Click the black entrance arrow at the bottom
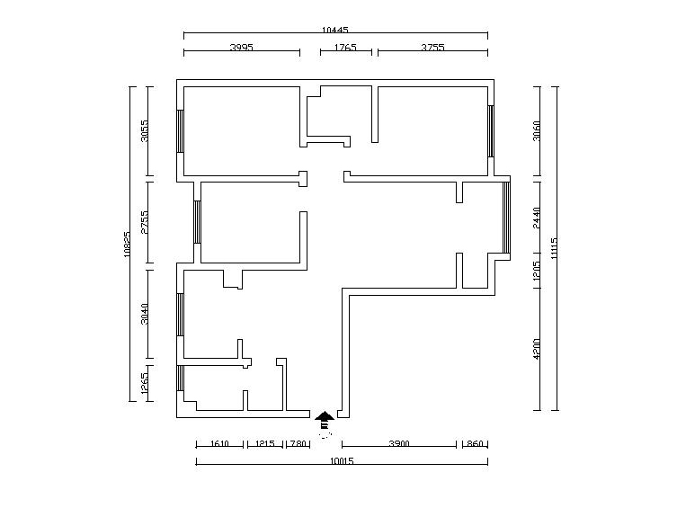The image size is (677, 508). coord(325,415)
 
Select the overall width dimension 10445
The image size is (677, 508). coord(334,30)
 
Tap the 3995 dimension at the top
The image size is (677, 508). coord(241,47)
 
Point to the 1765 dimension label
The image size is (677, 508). coord(345,47)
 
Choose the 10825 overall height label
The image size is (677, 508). coord(128,244)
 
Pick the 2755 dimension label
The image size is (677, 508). coord(145,223)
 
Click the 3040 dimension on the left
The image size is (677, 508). coord(145,316)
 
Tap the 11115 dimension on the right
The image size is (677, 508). coord(555,247)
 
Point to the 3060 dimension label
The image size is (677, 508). coord(537,131)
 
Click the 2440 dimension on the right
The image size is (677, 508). coord(537,218)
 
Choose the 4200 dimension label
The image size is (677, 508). coord(537,349)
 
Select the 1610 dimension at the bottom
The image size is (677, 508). coord(220,444)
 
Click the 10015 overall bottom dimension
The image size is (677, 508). coord(341,461)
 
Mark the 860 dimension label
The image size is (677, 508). coord(475,444)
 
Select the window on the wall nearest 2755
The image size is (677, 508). coord(196,221)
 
